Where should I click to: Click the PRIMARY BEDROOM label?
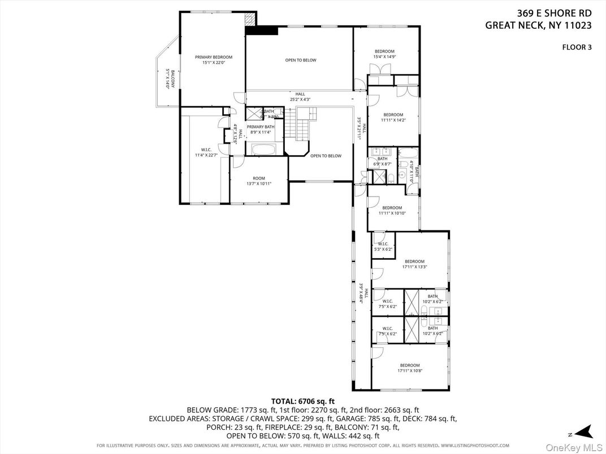pos(213,60)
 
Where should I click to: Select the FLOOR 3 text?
pos(576,47)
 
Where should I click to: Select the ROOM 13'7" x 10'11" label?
pos(259,181)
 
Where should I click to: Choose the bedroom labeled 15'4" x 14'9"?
pos(384,54)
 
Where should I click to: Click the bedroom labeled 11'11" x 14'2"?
pos(393,117)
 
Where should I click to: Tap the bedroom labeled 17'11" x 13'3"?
pos(414,264)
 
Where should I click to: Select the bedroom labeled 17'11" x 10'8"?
pos(410,368)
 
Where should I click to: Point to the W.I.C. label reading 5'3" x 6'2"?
pos(383,246)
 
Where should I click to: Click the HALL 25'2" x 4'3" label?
pos(300,97)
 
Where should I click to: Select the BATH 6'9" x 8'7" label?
pos(383,161)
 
